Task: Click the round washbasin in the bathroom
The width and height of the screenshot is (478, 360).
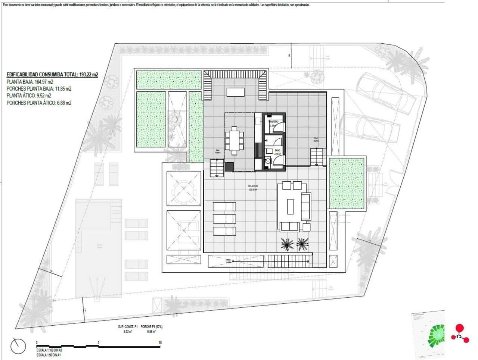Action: pos(267,162)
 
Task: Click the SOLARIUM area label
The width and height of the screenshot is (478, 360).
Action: pos(252,186)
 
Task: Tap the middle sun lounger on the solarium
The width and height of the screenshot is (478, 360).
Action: pos(224,219)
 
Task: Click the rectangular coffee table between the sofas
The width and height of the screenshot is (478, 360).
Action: pos(290,206)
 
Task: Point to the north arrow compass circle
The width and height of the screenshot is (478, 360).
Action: pos(18,346)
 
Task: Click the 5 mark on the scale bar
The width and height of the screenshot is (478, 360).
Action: pos(98,342)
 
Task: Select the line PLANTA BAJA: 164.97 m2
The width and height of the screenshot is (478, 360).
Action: pos(30,82)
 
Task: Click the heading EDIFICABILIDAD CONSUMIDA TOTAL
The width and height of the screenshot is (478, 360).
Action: pos(52,75)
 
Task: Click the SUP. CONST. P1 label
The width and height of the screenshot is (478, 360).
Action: pos(128,326)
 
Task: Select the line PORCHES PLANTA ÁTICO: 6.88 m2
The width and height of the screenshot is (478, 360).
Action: pos(39,103)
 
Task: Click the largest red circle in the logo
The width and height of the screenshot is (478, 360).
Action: pos(459,328)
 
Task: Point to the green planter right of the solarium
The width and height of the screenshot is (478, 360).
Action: pos(346,184)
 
